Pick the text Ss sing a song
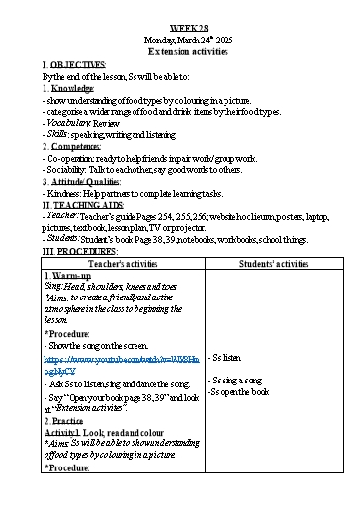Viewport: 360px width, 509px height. coord(235,380)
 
